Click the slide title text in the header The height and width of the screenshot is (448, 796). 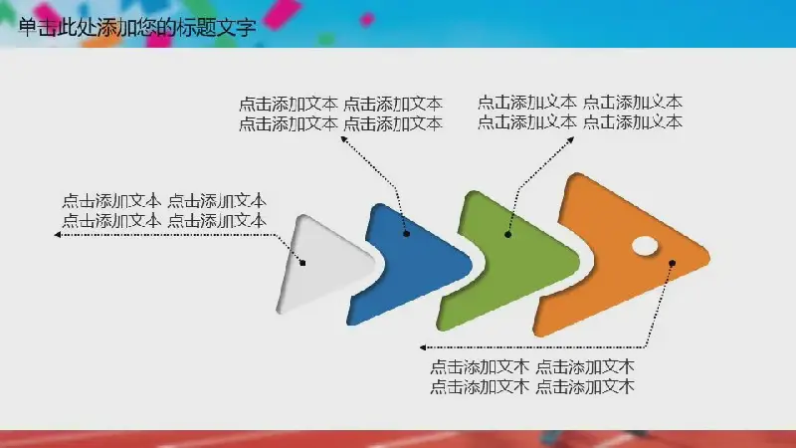(x=137, y=27)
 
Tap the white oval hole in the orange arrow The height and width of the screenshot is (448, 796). (x=645, y=246)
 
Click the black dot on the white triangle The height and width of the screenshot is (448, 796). (x=302, y=263)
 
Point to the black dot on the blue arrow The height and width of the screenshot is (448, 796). (x=406, y=234)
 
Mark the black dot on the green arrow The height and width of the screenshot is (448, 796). (x=507, y=234)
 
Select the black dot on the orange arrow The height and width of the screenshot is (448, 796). (x=672, y=263)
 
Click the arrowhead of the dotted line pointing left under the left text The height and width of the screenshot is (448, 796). (x=58, y=235)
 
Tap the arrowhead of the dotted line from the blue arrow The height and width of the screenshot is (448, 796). (x=343, y=139)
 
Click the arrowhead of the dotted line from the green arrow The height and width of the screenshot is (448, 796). (x=570, y=139)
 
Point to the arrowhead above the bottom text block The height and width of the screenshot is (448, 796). (x=423, y=347)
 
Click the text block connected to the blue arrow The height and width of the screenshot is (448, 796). (x=340, y=113)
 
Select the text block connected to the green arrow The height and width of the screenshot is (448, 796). (x=580, y=112)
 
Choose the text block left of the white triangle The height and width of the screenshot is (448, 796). (x=164, y=211)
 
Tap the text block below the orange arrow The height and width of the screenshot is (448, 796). (x=532, y=377)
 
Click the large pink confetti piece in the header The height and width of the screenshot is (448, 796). (x=283, y=13)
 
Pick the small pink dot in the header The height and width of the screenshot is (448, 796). (x=366, y=20)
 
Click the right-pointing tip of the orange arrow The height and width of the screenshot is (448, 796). (x=709, y=257)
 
